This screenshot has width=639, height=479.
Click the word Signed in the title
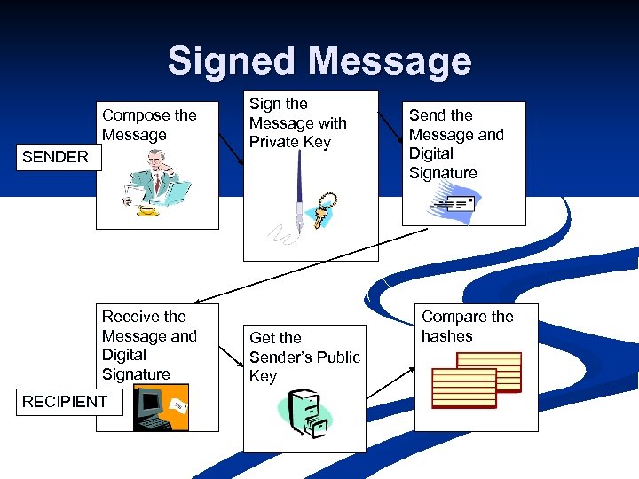pos(233,61)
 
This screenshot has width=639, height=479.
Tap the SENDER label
pos(55,157)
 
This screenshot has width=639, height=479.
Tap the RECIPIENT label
pos(64,401)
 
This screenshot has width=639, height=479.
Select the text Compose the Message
pos(149,125)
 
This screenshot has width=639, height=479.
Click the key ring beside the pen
pos(325,208)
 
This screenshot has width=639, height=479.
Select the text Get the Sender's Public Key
pos(304,357)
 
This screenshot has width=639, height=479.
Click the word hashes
pos(447,336)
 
